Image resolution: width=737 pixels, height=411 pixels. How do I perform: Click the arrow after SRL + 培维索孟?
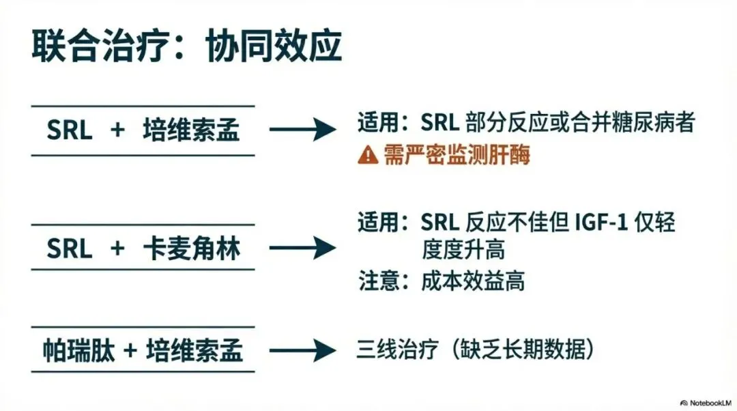point(303,129)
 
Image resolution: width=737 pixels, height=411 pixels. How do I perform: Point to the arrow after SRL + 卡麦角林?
point(303,248)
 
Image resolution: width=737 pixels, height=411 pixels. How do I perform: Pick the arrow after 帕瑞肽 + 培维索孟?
point(303,351)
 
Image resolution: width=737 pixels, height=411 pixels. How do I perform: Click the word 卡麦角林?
point(192,249)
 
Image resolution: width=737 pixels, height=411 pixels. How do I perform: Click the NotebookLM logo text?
point(702,401)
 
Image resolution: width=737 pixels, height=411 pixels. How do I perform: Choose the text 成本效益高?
point(474,281)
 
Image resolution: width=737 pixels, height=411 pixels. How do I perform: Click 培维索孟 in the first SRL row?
point(192,130)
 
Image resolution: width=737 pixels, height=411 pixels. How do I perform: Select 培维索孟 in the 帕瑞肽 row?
point(194,352)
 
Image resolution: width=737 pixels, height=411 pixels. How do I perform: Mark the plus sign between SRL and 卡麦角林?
point(117,249)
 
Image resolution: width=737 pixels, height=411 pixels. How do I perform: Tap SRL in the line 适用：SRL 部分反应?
point(439,124)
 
